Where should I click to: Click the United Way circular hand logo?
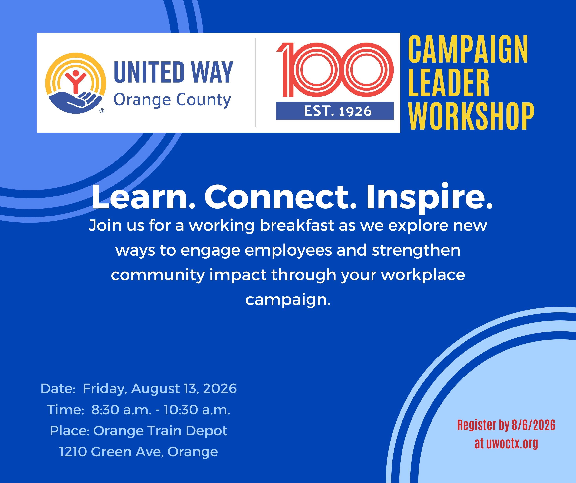click(76, 83)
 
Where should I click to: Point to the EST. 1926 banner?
click(335, 111)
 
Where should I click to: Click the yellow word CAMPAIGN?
click(468, 49)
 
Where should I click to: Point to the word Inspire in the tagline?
click(430, 198)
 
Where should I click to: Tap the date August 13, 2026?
click(184, 389)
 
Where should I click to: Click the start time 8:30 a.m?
click(121, 410)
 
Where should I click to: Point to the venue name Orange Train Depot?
click(160, 431)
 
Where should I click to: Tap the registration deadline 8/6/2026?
click(533, 425)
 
